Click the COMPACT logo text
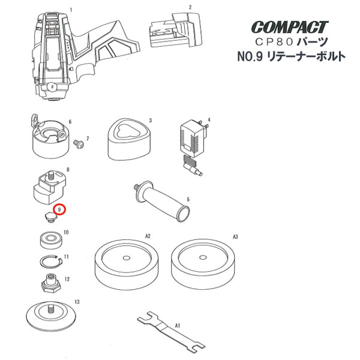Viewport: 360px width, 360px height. pos(290,28)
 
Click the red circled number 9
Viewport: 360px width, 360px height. pos(61,210)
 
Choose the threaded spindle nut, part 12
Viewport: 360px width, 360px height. pos(50,281)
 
